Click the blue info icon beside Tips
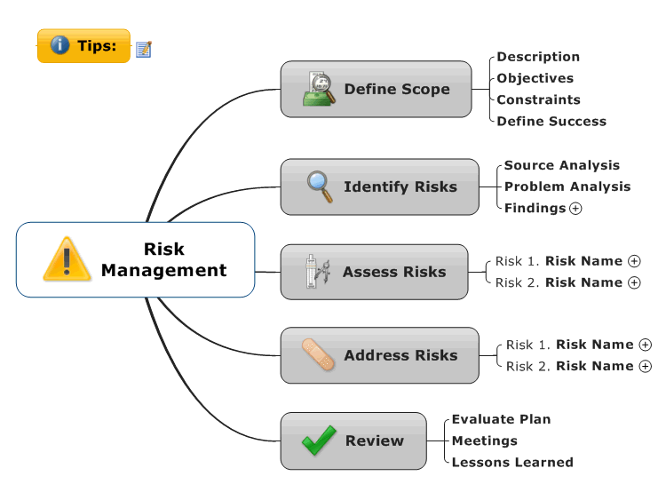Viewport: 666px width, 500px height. [x=59, y=44]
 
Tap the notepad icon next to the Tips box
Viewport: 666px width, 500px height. [x=144, y=49]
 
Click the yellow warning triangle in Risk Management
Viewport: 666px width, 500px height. [x=67, y=258]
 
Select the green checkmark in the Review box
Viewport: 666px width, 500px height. [x=319, y=440]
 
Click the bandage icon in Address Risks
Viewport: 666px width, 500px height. [x=318, y=354]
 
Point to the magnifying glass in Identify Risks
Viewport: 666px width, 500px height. [x=320, y=187]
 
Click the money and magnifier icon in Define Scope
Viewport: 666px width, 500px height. [x=319, y=88]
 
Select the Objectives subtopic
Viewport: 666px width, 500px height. [x=535, y=78]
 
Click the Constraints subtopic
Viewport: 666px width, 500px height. [x=538, y=99]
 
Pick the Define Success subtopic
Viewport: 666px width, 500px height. [x=551, y=122]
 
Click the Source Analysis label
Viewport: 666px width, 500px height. [x=561, y=165]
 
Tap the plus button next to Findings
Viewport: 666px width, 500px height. [x=575, y=209]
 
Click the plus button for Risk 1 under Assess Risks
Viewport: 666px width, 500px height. [x=634, y=261]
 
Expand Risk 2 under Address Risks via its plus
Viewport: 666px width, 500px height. [x=646, y=366]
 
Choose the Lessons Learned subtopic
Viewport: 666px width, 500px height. [x=512, y=462]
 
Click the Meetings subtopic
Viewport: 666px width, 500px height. [x=484, y=441]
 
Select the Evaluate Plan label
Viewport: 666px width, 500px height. [x=501, y=419]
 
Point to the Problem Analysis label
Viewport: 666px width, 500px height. [x=567, y=187]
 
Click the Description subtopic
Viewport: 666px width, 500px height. [x=538, y=57]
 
